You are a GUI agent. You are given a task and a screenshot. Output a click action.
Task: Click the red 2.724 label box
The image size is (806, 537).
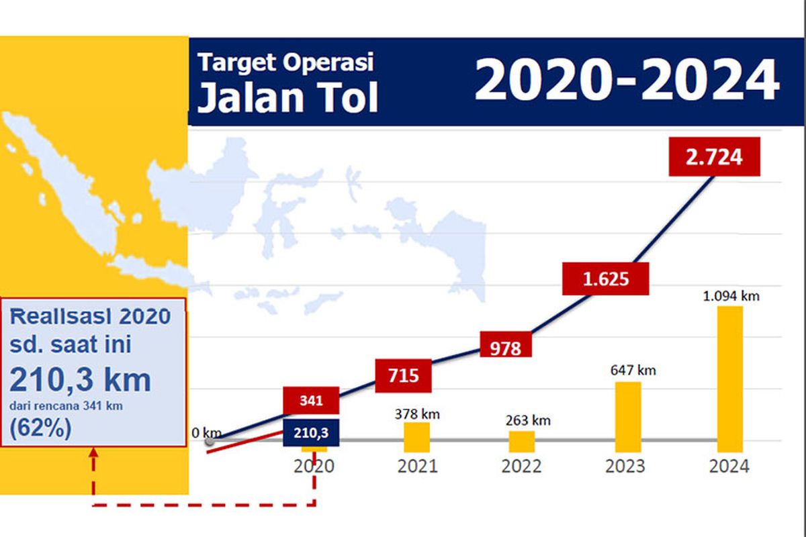tap(714, 157)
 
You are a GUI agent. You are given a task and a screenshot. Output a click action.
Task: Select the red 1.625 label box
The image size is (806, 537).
tap(605, 279)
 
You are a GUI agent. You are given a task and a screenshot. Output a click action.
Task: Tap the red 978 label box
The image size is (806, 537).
tap(506, 347)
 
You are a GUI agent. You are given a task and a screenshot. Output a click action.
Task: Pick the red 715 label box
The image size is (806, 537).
tap(403, 375)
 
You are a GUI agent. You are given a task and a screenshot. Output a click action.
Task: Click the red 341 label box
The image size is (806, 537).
tap(311, 401)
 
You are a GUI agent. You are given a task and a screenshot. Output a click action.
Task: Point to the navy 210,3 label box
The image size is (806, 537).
tap(311, 432)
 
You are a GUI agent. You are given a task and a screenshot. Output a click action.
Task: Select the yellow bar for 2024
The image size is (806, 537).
tap(730, 379)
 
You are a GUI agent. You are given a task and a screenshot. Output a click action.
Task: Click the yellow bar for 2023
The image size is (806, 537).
tap(628, 417)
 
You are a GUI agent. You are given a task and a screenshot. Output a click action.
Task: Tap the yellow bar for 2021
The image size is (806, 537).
tap(416, 437)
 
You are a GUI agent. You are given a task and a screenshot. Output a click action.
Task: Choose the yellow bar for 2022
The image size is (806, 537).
tap(522, 441)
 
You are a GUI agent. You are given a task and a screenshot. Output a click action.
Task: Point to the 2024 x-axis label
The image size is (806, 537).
tap(729, 466)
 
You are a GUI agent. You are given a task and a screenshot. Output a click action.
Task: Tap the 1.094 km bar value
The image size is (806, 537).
tap(731, 295)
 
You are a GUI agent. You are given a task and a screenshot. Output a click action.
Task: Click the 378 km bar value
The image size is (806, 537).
tap(416, 413)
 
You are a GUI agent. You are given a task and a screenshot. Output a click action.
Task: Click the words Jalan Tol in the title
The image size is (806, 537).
tap(288, 98)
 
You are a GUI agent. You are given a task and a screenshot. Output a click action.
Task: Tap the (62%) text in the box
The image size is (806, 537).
tap(40, 428)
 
